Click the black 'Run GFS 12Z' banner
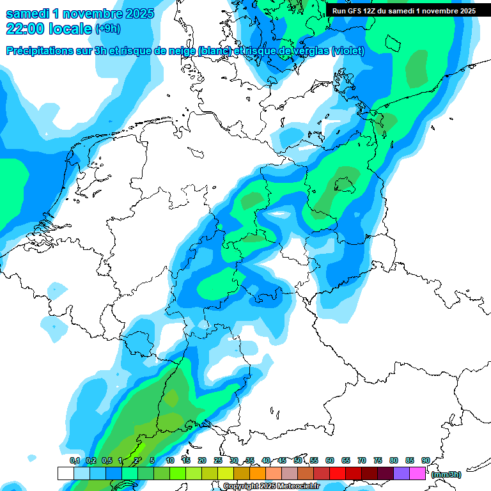click(403, 11)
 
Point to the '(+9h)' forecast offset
click(107, 29)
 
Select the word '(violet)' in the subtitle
click(348, 51)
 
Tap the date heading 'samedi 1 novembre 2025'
click(80, 13)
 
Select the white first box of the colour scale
click(65, 473)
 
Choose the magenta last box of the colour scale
click(417, 473)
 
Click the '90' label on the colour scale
click(425, 460)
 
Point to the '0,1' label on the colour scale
click(74, 460)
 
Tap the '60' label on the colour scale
click(330, 460)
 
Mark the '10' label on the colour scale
click(170, 460)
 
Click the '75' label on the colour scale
click(378, 460)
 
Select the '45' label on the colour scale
click(282, 460)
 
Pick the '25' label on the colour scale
click(218, 460)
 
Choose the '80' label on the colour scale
click(394, 460)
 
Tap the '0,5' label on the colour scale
click(106, 460)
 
